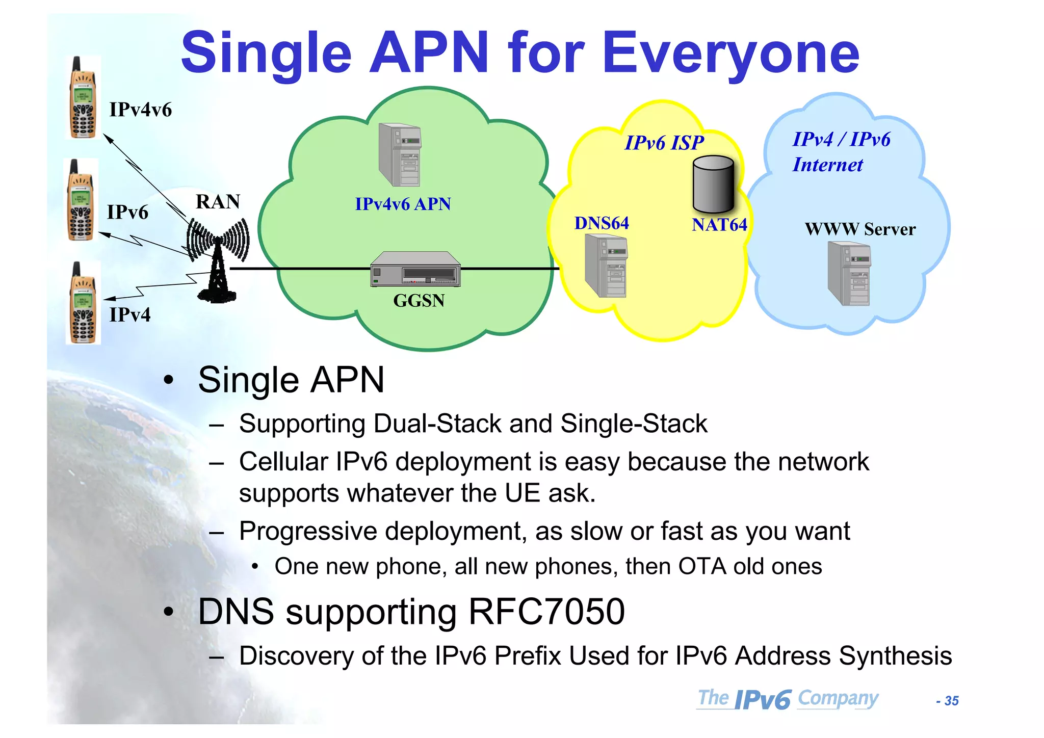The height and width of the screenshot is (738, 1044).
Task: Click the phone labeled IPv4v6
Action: pyautogui.click(x=83, y=98)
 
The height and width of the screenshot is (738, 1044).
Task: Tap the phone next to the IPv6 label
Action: pyautogui.click(x=81, y=201)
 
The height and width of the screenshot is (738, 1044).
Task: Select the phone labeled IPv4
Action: pyautogui.click(x=83, y=304)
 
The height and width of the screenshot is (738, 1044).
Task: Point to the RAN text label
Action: pyautogui.click(x=218, y=202)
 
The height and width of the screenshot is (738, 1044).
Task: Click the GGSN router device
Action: pyautogui.click(x=415, y=269)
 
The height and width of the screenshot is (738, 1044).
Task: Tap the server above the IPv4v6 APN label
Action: pyautogui.click(x=400, y=155)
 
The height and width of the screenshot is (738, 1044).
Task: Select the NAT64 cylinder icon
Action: pyautogui.click(x=713, y=184)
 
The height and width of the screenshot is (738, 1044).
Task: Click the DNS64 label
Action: pyautogui.click(x=602, y=223)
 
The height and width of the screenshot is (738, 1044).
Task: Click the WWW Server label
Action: pyautogui.click(x=860, y=229)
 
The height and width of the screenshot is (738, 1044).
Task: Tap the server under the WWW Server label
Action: pyautogui.click(x=849, y=273)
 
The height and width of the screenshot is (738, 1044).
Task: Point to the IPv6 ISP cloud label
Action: pyautogui.click(x=664, y=143)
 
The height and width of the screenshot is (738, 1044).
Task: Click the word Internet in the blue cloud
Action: pyautogui.click(x=827, y=165)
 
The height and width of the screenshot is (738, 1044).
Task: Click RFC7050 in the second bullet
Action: pyautogui.click(x=546, y=612)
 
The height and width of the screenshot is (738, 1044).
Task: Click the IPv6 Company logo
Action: pyautogui.click(x=788, y=699)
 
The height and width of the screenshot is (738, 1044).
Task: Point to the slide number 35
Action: pyautogui.click(x=951, y=701)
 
